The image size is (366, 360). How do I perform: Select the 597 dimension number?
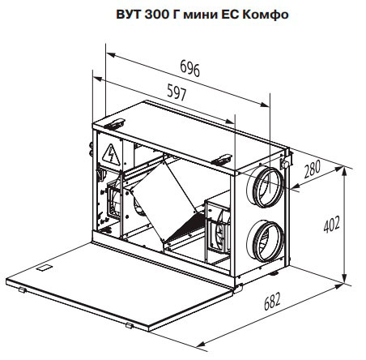177,92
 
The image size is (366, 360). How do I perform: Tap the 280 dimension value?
313,169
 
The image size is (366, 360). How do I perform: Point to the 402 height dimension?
332,224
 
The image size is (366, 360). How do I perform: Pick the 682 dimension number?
272,301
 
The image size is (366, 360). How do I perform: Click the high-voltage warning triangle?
111,155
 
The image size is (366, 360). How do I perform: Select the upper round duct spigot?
265,186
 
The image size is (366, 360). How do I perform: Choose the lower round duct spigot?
265,241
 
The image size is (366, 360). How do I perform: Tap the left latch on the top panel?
114,124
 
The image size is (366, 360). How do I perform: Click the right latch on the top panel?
222,160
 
